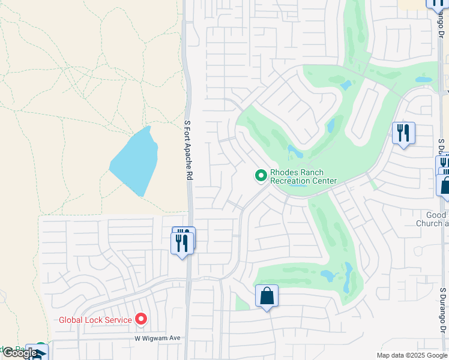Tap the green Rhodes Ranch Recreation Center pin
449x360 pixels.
coord(261,176)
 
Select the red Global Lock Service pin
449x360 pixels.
coord(141,319)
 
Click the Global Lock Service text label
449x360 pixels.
coord(95,320)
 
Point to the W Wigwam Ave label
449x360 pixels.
coord(157,338)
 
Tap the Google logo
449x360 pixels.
coord(19,353)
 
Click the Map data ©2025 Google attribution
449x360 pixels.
coord(411,355)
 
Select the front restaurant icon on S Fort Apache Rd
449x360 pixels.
coord(182,243)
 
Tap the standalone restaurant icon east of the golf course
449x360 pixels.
coord(403,133)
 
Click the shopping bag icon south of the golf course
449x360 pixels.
coord(267,296)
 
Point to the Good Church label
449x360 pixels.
coord(432,219)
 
